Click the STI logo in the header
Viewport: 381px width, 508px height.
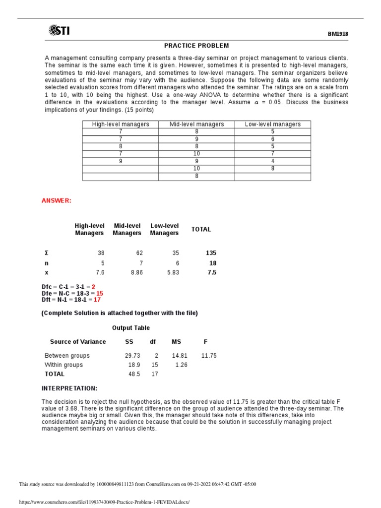[59, 31]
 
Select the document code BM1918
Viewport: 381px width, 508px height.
[338, 34]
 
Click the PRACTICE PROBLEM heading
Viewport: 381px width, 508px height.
[197, 46]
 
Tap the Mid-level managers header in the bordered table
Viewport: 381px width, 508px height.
[196, 124]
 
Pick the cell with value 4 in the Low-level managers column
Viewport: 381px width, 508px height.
[272, 161]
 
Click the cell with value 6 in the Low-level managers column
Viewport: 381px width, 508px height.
[272, 139]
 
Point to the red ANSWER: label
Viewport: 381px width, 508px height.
[56, 200]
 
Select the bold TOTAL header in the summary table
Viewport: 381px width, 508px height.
[201, 229]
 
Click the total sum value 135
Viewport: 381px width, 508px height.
[211, 253]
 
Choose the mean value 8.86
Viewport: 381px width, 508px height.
[136, 272]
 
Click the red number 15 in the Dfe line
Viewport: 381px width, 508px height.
[100, 293]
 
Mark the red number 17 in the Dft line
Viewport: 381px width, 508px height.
[97, 300]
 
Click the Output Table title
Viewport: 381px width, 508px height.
[130, 328]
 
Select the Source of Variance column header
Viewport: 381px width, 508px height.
[78, 341]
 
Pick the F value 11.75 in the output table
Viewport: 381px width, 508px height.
[209, 356]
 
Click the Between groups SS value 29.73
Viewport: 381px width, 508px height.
[132, 356]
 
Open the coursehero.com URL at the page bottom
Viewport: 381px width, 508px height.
[104, 502]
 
